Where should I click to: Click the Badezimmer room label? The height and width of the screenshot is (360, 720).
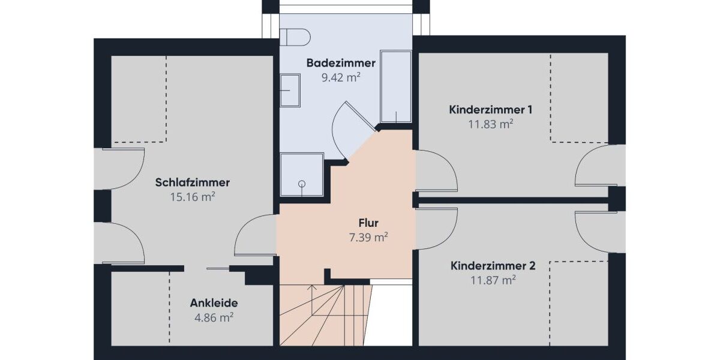click(341, 63)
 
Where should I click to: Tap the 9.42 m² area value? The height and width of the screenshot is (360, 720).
click(341, 77)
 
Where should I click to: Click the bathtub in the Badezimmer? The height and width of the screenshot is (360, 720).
click(395, 86)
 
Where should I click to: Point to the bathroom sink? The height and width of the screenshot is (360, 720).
click(290, 90)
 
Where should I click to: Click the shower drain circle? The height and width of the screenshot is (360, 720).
click(302, 184)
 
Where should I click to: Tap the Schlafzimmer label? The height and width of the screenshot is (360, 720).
click(192, 182)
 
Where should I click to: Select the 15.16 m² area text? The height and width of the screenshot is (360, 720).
click(192, 196)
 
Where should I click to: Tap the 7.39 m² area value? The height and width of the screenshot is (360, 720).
click(368, 238)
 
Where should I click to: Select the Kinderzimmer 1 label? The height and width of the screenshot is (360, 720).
click(490, 110)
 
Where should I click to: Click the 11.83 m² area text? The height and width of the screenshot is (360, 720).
click(490, 124)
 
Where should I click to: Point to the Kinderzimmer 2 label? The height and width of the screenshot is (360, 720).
click(493, 265)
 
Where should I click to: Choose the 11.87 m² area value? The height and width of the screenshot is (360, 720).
click(493, 280)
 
